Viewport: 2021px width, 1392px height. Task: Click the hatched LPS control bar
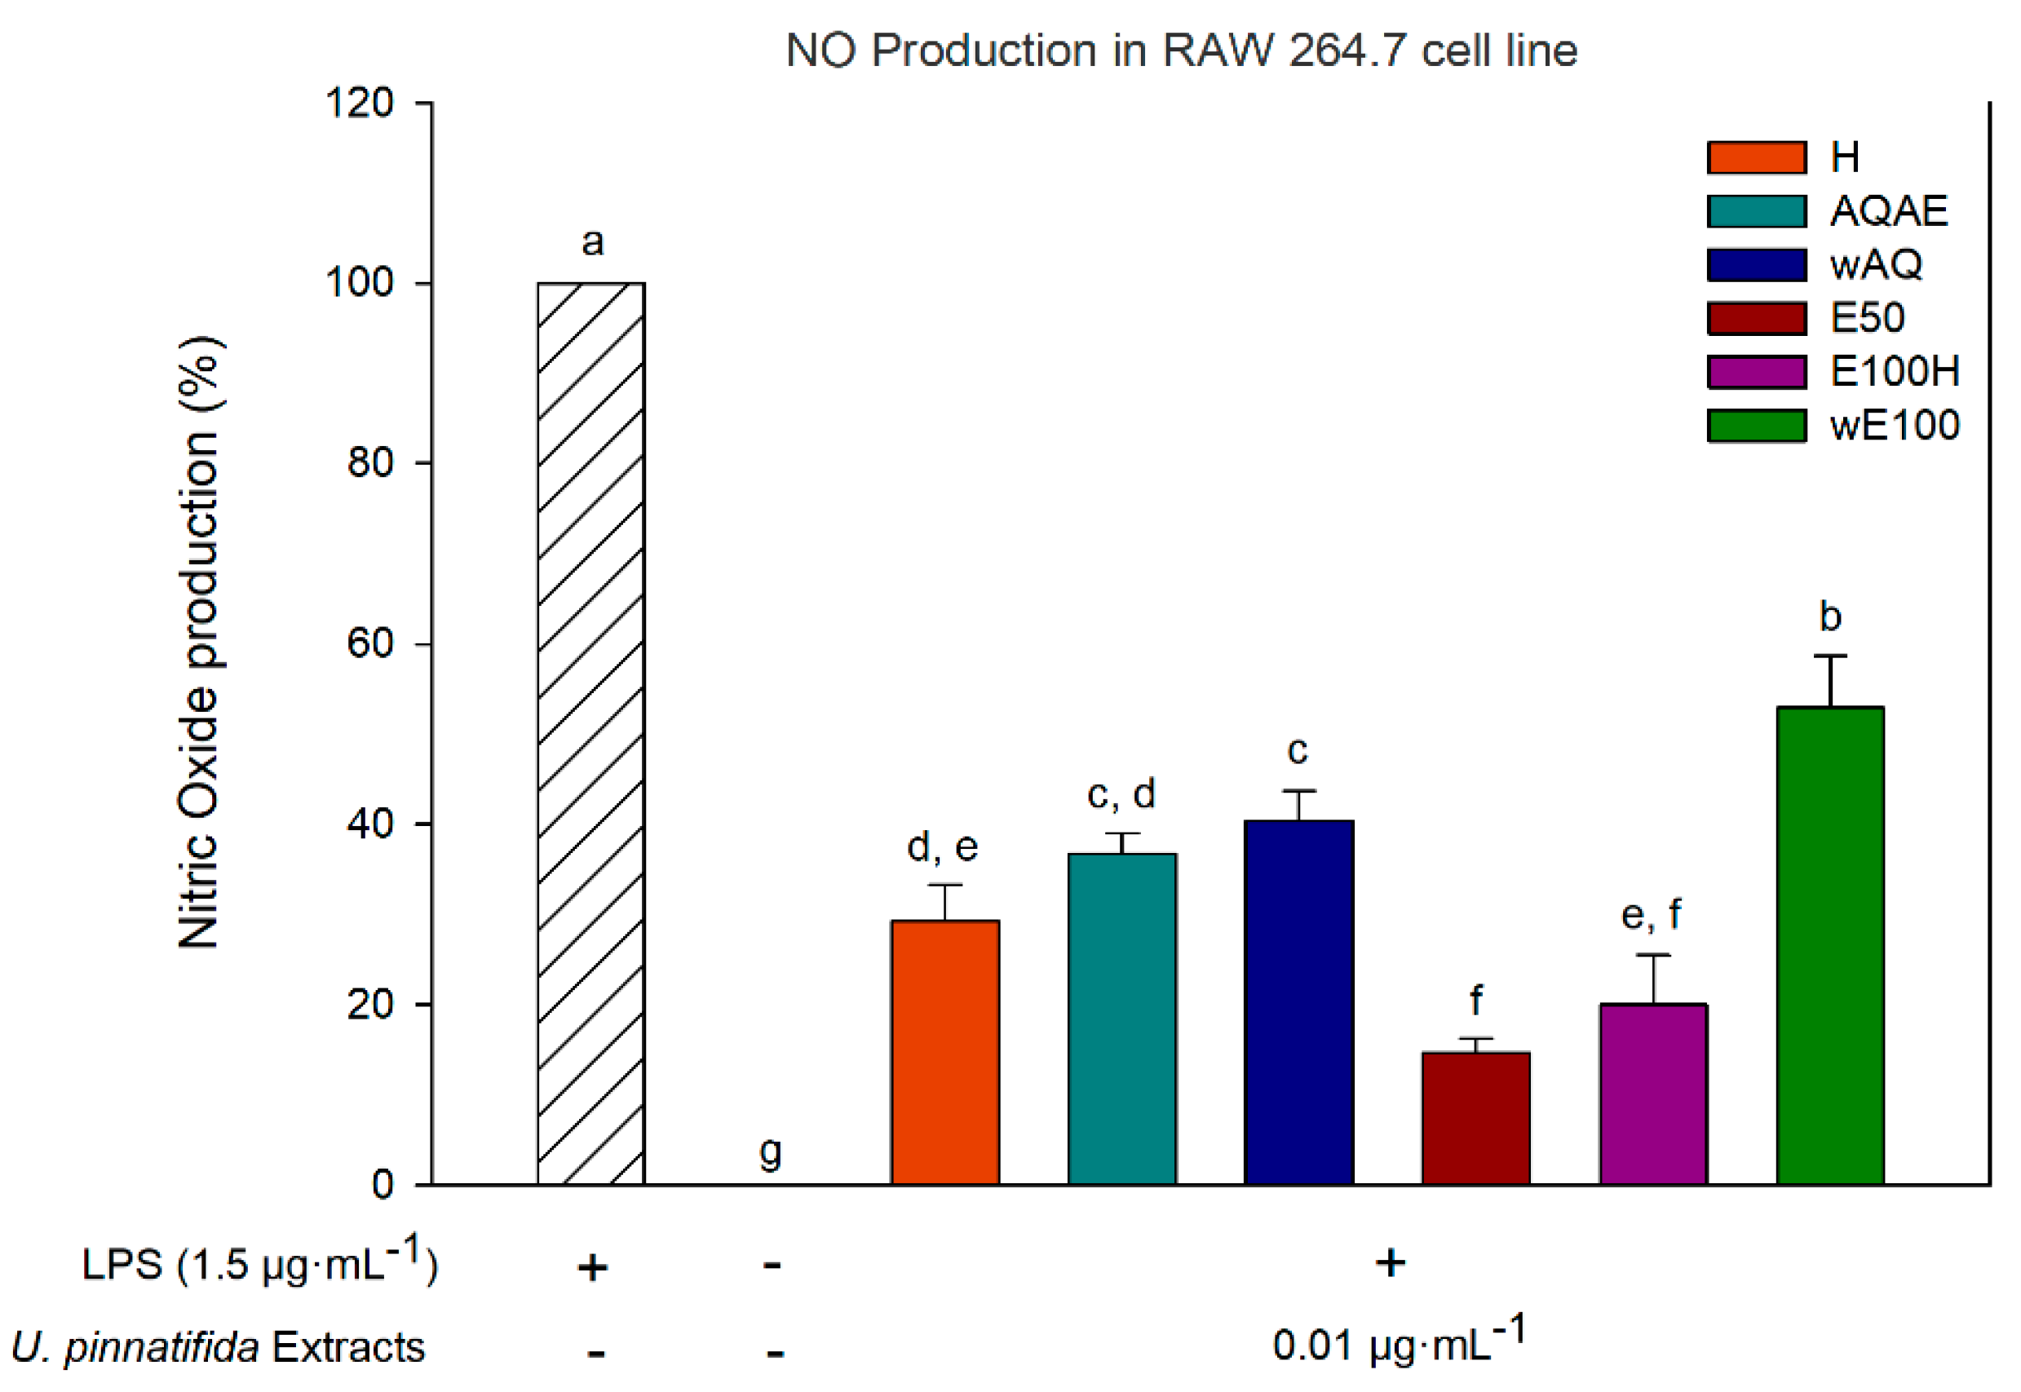pos(590,732)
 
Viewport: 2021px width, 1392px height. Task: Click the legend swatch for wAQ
pos(1756,264)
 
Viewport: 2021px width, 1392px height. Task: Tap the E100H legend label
pos(1894,372)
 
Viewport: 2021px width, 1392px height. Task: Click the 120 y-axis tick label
pos(360,103)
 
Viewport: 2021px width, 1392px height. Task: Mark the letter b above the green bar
pos(1830,616)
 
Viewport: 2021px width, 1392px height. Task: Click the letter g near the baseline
pos(770,1152)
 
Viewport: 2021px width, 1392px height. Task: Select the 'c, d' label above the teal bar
pos(1121,793)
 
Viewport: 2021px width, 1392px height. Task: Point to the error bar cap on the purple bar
pos(1653,955)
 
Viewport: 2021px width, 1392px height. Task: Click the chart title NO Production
pos(1181,50)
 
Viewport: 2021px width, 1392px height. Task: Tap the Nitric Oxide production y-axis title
pos(200,643)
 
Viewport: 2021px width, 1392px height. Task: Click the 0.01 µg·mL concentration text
pos(1398,1344)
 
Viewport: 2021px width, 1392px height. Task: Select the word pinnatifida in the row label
pos(161,1347)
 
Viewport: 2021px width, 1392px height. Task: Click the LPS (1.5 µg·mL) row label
pos(259,1264)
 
